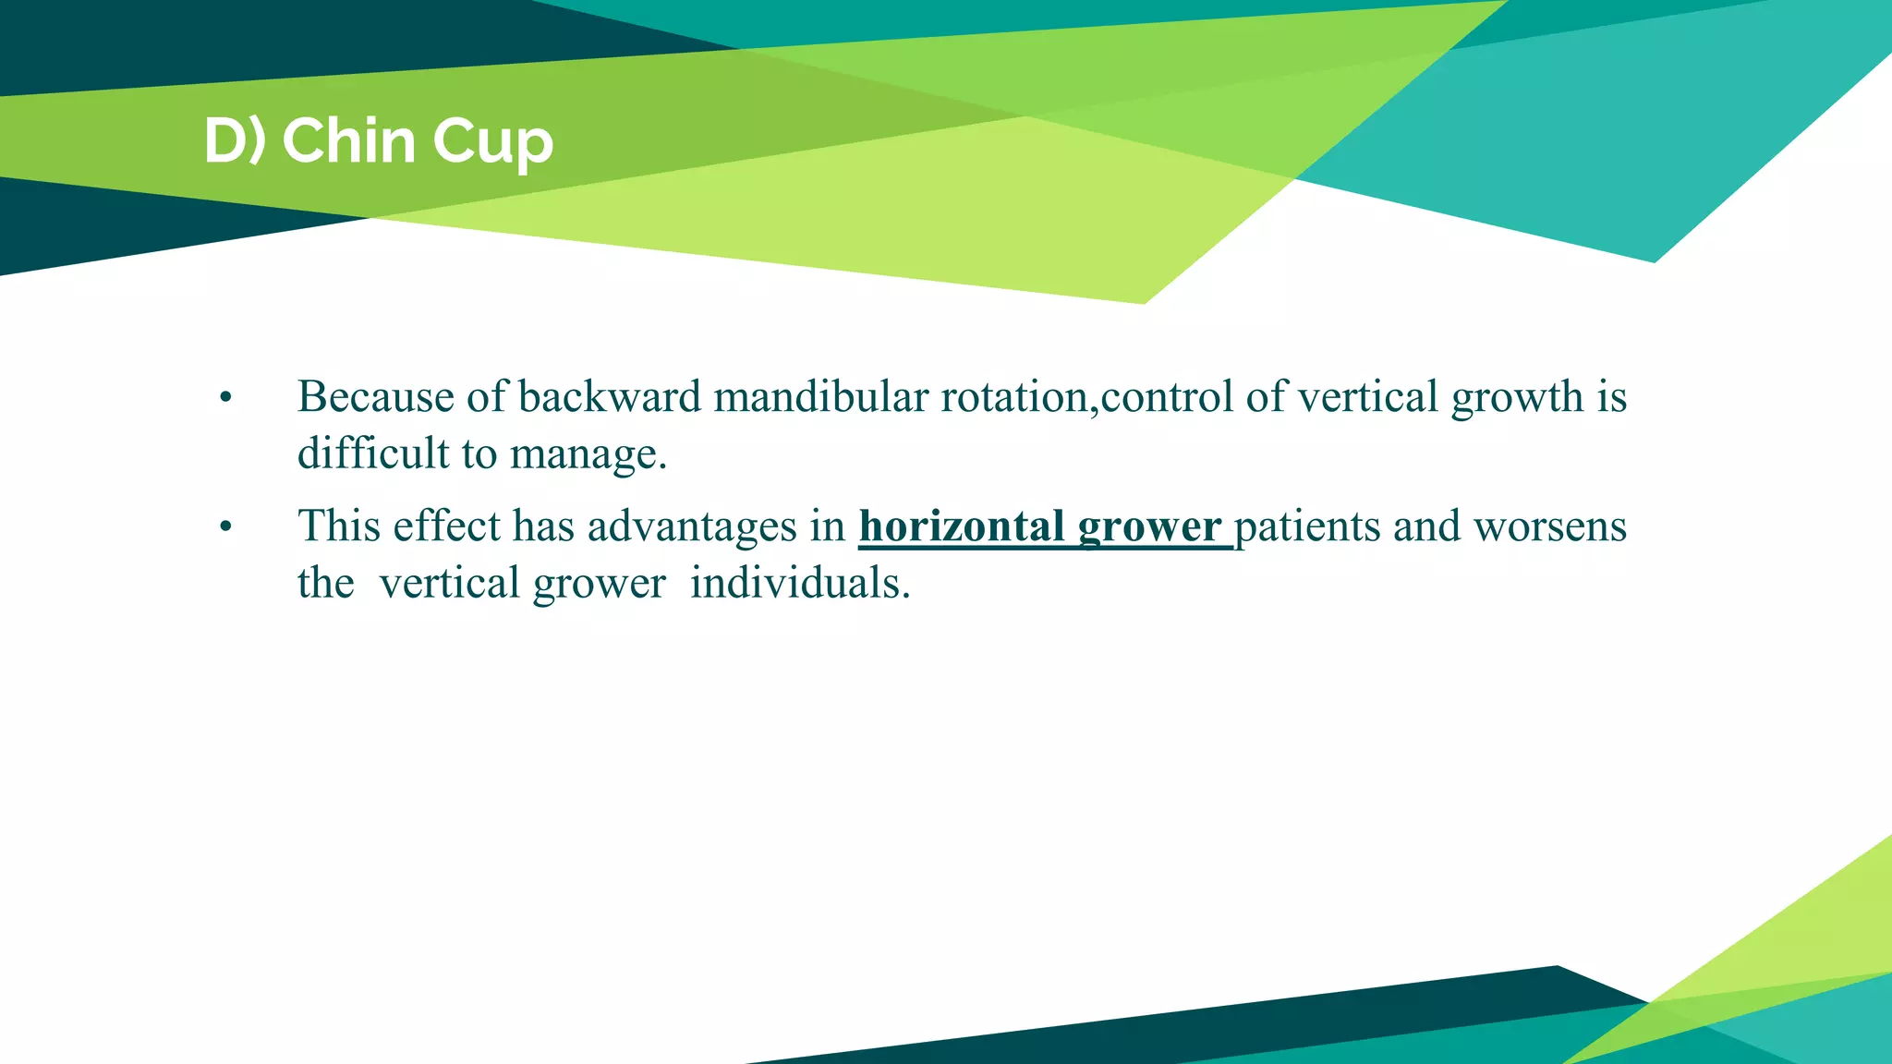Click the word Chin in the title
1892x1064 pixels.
(348, 141)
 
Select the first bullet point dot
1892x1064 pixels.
(225, 399)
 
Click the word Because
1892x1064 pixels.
(375, 397)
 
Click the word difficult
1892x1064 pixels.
(373, 453)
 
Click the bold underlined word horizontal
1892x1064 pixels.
(962, 526)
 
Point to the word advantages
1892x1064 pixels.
(692, 527)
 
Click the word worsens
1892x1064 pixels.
(1549, 526)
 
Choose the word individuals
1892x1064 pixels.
(799, 584)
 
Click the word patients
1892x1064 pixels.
(1307, 527)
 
